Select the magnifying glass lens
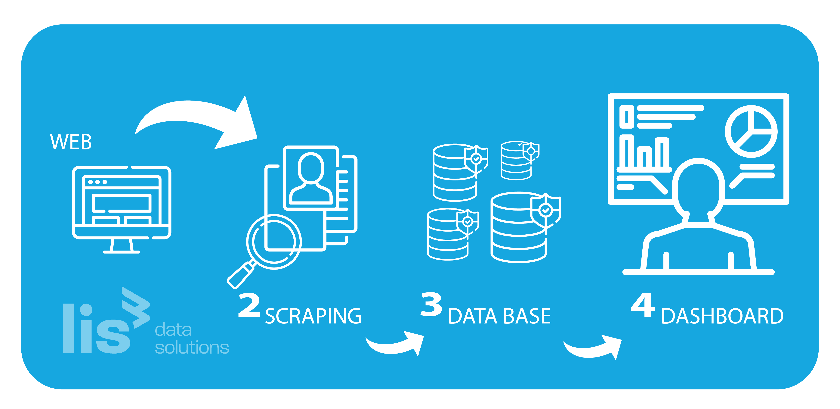click(274, 242)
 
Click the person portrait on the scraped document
click(311, 178)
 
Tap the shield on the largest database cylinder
click(545, 211)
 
